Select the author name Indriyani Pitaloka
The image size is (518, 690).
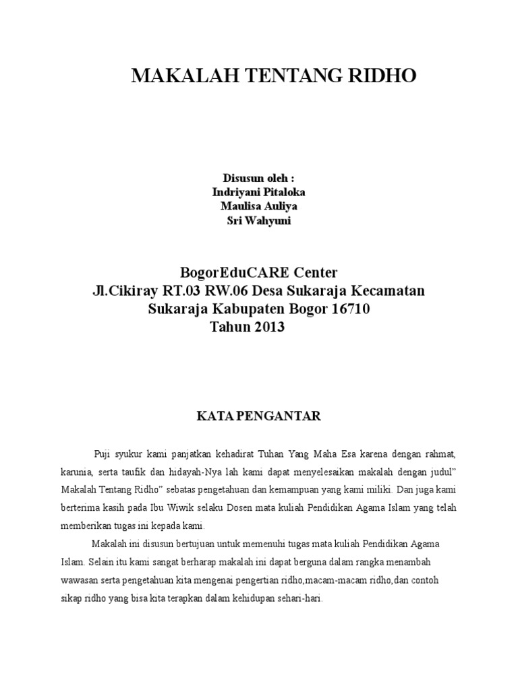[x=258, y=192]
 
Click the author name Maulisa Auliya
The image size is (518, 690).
[x=259, y=206]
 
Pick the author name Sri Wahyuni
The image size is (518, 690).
[x=259, y=221]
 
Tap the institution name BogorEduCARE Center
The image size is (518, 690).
[x=258, y=273]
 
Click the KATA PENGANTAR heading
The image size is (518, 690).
[x=258, y=416]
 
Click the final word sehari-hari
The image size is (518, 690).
[x=304, y=598]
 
